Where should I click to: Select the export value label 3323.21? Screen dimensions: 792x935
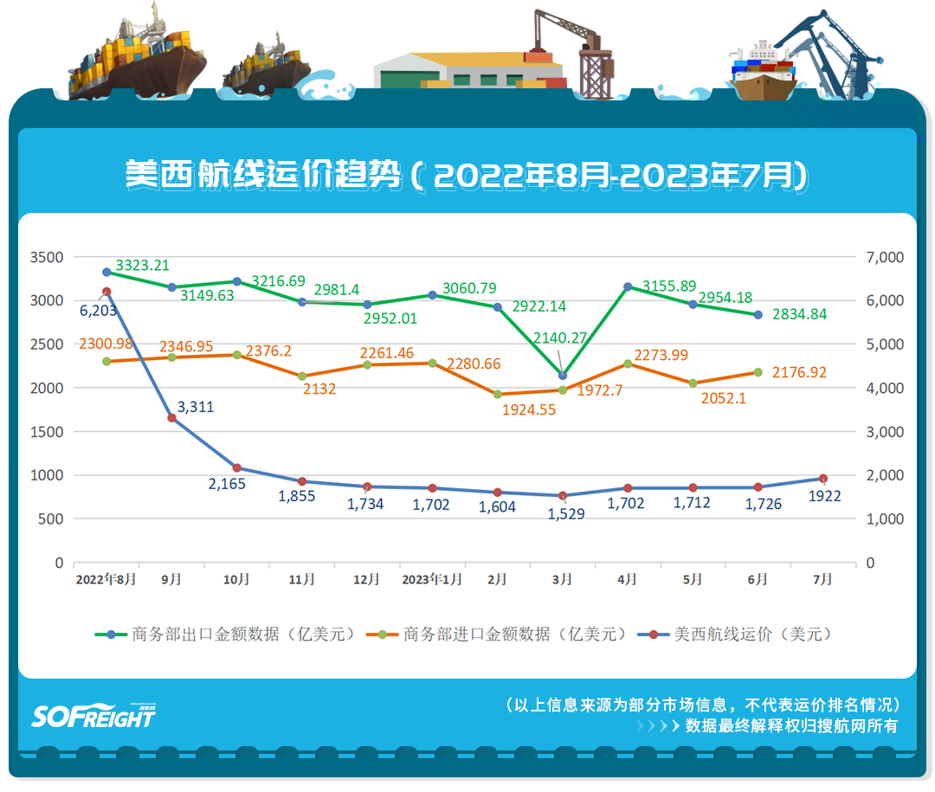(142, 265)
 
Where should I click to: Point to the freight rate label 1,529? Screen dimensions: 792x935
(566, 513)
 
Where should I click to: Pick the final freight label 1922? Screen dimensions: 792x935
(823, 496)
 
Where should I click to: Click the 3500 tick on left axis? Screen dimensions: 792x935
(47, 257)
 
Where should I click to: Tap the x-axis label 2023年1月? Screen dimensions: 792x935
(432, 579)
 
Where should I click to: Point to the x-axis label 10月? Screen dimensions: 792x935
(236, 579)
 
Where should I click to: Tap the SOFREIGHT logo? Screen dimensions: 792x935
(93, 715)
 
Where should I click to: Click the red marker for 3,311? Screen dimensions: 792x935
(171, 418)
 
